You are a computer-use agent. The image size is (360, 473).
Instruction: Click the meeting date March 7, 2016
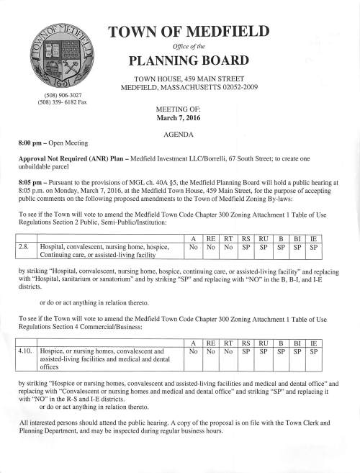pos(179,117)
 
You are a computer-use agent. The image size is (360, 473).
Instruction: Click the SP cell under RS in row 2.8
pos(247,246)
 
